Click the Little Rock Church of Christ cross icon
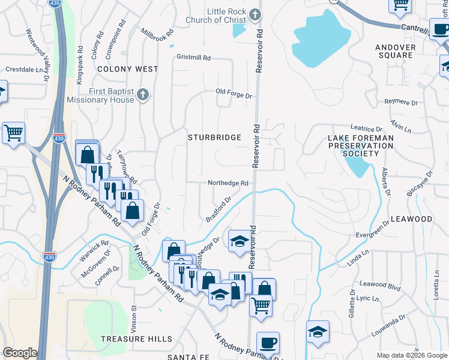click(x=255, y=14)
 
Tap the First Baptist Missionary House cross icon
click(x=143, y=94)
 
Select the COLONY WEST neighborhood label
click(x=128, y=69)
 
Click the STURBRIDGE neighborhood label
click(x=214, y=137)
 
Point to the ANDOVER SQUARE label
click(x=394, y=51)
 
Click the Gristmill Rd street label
click(x=194, y=58)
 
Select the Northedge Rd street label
click(x=228, y=183)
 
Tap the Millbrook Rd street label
click(x=157, y=31)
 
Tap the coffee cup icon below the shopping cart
click(x=268, y=343)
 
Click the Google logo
click(x=20, y=353)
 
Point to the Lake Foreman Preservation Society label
click(x=361, y=146)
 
